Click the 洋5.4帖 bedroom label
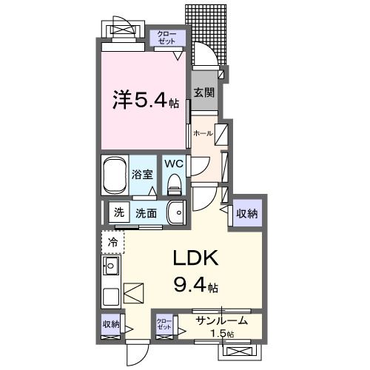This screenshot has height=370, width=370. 145,99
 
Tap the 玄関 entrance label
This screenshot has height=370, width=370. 204,93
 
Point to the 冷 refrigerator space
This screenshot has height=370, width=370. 113,242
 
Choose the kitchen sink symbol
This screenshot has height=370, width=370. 112,266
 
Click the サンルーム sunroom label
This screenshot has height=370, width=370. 222,321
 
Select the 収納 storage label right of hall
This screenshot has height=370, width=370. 247,214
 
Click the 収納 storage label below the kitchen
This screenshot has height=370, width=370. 111,323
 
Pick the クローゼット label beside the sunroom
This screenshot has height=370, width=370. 164,324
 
